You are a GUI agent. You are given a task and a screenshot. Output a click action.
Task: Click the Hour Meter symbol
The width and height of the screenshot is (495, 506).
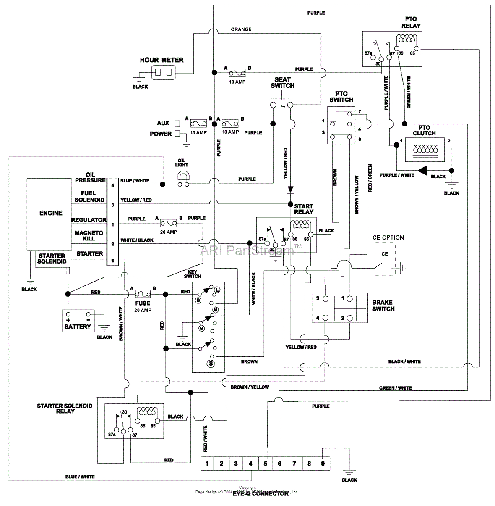pyautogui.click(x=163, y=73)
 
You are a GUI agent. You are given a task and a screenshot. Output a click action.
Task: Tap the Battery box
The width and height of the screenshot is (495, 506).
pyautogui.click(x=78, y=320)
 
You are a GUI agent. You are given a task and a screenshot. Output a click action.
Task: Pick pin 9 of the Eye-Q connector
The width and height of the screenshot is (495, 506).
pyautogui.click(x=323, y=464)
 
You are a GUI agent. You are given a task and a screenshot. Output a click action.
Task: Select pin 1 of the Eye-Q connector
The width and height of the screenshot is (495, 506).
pyautogui.click(x=207, y=464)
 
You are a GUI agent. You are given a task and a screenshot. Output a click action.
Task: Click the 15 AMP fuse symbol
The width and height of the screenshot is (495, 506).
pyautogui.click(x=198, y=124)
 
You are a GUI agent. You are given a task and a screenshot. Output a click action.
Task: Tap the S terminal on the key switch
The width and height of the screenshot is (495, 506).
pyautogui.click(x=211, y=364)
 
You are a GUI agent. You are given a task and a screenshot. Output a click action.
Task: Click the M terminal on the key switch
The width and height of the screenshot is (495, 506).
pyautogui.click(x=215, y=310)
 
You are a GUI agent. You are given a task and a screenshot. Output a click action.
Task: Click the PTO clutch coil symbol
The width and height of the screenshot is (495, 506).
pyautogui.click(x=425, y=149)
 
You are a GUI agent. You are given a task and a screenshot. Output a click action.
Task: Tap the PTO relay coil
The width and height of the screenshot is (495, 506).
pyautogui.click(x=406, y=39)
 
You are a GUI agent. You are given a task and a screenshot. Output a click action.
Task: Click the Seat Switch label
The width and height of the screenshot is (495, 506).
pyautogui.click(x=282, y=82)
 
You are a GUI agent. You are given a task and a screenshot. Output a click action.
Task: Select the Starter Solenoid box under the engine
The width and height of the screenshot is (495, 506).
pyautogui.click(x=52, y=258)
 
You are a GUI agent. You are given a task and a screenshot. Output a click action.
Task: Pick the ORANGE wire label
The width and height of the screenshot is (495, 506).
pyautogui.click(x=241, y=29)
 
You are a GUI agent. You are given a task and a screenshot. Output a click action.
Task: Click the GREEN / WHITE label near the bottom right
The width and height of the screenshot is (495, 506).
pyautogui.click(x=395, y=388)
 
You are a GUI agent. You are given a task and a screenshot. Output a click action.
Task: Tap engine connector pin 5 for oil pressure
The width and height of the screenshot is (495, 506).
pyautogui.click(x=112, y=184)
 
